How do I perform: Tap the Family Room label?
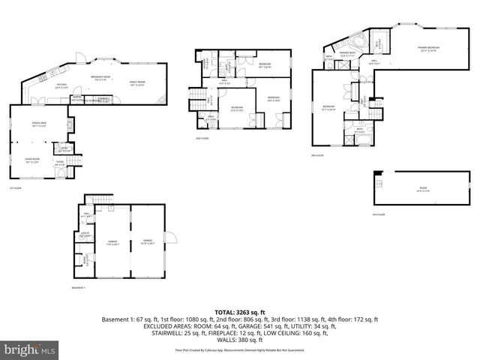136,83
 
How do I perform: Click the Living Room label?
31,159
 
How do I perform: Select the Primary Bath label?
347,54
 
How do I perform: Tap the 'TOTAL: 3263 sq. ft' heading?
240,312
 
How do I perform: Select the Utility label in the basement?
85,235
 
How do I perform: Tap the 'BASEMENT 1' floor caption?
79,287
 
